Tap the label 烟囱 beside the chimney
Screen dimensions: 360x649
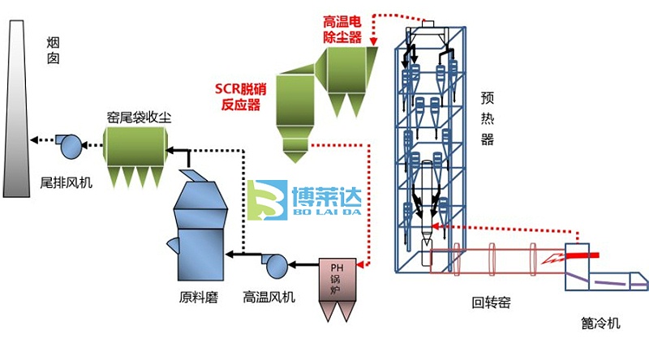[53, 49]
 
